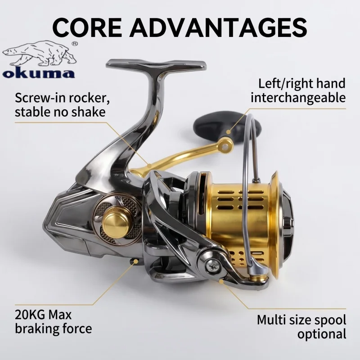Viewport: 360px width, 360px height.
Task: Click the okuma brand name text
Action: tap(39, 73)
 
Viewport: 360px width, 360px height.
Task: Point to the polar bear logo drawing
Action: tap(40, 53)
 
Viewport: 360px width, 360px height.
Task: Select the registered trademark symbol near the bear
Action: tap(75, 43)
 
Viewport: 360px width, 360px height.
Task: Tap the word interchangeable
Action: tap(298, 98)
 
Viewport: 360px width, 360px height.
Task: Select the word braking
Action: tap(36, 328)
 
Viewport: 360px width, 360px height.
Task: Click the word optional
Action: tap(322, 334)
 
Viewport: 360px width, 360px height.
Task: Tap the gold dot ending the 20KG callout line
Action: tap(136, 261)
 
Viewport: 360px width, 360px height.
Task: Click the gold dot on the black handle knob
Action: tap(229, 132)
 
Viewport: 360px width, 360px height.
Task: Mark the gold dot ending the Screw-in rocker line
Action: tap(149, 166)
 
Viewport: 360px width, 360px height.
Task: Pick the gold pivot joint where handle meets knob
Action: tap(226, 145)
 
